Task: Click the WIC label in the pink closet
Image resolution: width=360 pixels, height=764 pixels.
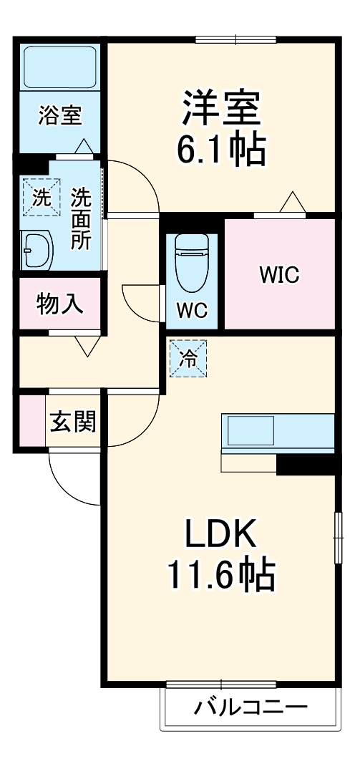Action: [279, 275]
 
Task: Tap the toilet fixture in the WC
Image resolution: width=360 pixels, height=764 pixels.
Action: [191, 261]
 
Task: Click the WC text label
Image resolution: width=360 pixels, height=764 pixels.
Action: [192, 311]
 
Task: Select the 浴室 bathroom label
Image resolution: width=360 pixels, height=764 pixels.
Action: [59, 115]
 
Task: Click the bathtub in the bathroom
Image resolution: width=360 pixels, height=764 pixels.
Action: [61, 67]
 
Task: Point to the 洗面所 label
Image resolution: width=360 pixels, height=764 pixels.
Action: [80, 218]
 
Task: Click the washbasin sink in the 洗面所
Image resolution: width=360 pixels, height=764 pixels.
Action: [37, 251]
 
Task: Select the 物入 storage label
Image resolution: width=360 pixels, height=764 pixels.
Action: [60, 304]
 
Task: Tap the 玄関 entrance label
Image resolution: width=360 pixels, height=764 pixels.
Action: [73, 422]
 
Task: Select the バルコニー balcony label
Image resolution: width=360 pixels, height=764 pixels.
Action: [250, 707]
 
